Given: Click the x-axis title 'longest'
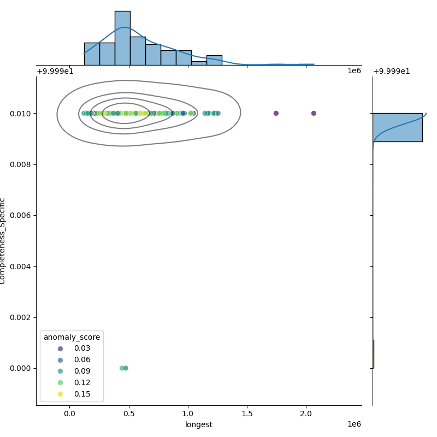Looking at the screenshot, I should click(199, 424).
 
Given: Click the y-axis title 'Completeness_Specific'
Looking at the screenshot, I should click(3, 241).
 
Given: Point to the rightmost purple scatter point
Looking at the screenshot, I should click(314, 113).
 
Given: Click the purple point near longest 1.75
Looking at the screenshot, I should click(276, 113).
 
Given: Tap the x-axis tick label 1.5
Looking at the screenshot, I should click(247, 413).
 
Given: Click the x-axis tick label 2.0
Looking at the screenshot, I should click(306, 413).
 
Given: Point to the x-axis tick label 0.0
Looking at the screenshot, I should click(70, 413).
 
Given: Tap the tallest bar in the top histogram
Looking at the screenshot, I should click(122, 38).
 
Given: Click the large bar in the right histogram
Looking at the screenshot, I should click(397, 127).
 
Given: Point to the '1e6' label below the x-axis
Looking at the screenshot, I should click(354, 424).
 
